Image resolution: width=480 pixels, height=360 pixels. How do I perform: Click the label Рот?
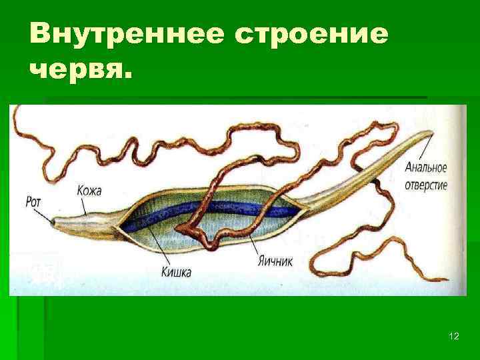[x=33, y=199]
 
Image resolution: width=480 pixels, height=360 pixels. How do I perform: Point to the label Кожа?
[x=89, y=191]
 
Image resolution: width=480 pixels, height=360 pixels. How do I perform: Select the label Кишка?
[x=177, y=272]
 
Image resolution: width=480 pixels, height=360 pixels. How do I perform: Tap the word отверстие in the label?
[x=426, y=184]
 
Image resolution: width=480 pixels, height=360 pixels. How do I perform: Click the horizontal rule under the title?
[x=233, y=97]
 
